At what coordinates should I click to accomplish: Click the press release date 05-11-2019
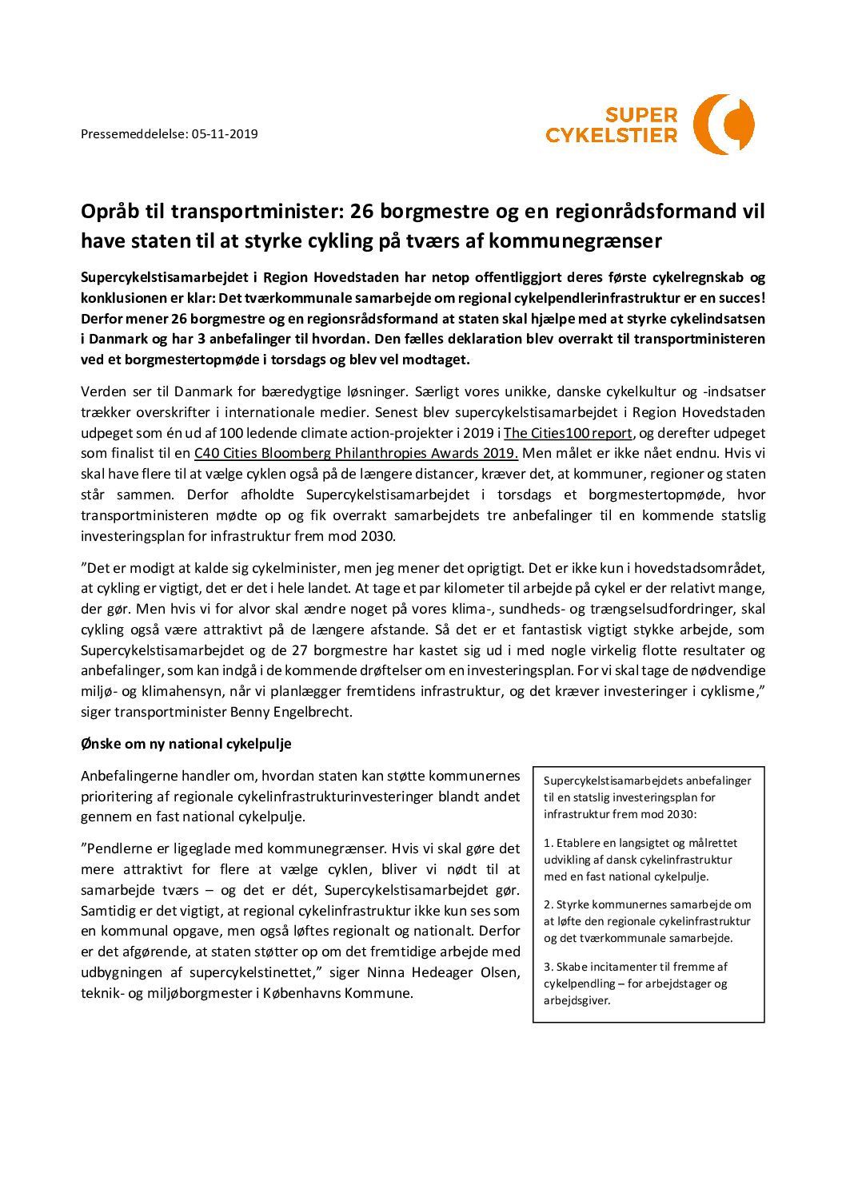click(x=225, y=134)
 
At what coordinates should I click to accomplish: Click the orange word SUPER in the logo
click(x=641, y=115)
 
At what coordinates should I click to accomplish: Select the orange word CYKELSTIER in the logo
click(x=611, y=136)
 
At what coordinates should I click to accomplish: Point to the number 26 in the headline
click(x=362, y=212)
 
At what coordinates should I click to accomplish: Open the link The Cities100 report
click(x=568, y=433)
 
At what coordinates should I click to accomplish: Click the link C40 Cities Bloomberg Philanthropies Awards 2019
click(x=356, y=454)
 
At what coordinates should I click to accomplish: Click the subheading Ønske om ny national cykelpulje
click(x=186, y=744)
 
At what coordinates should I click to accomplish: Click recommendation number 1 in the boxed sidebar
click(x=640, y=860)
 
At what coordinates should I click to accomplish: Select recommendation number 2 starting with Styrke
click(x=647, y=921)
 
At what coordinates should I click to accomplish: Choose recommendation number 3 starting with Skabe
click(x=635, y=983)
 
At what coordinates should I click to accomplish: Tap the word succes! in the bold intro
click(x=739, y=298)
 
